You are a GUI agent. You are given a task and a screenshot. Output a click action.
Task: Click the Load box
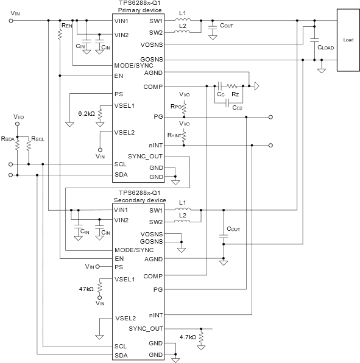click(x=348, y=40)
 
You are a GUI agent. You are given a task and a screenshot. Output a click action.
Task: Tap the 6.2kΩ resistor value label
click(x=86, y=114)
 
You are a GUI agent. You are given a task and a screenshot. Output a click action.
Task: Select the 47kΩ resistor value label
click(x=86, y=289)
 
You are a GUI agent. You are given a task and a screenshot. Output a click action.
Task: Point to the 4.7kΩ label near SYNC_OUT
click(x=188, y=337)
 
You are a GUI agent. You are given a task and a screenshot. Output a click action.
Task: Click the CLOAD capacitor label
click(x=325, y=48)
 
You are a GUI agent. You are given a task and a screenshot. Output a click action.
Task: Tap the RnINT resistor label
click(x=174, y=135)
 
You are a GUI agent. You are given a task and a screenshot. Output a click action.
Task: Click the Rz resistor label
click(x=235, y=94)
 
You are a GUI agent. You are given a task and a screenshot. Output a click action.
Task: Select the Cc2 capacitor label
click(x=238, y=108)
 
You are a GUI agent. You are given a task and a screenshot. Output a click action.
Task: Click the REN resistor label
click(x=67, y=26)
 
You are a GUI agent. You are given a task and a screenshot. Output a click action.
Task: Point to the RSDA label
click(x=8, y=139)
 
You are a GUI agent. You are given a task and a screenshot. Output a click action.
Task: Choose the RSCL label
click(x=38, y=139)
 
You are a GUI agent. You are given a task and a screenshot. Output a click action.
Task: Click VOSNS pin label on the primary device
click(x=152, y=44)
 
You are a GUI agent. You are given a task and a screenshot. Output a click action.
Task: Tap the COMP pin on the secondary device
click(x=153, y=276)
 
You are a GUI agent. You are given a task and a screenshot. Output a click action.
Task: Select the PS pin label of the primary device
click(x=119, y=94)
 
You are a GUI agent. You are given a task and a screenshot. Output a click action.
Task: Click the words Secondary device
click(x=140, y=200)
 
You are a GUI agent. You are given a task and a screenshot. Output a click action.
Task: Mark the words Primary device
click(x=140, y=10)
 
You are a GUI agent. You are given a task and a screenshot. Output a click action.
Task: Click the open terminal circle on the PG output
click(x=270, y=117)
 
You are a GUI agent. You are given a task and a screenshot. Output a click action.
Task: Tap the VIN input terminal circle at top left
click(x=11, y=21)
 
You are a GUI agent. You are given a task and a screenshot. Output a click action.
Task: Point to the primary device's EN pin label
click(x=119, y=76)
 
